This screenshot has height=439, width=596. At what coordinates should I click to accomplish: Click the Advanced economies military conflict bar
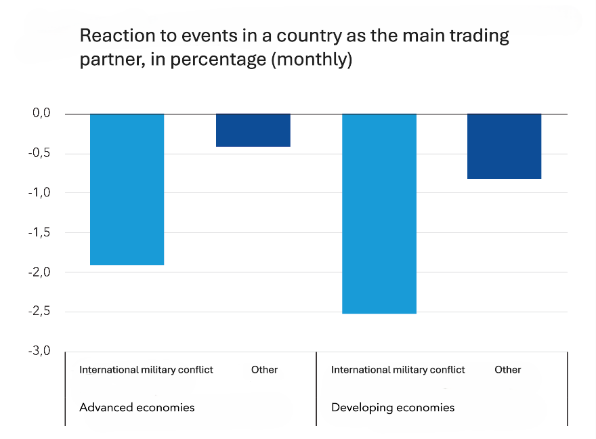[127, 189]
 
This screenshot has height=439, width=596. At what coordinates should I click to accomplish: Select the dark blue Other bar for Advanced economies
[253, 130]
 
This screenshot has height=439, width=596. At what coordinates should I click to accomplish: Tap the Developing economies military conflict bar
[379, 213]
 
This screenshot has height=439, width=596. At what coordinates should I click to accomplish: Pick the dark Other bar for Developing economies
[505, 146]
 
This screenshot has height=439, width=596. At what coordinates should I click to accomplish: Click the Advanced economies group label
[137, 407]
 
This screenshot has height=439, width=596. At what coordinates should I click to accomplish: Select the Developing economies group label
[393, 407]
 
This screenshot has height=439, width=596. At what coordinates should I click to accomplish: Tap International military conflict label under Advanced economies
[146, 370]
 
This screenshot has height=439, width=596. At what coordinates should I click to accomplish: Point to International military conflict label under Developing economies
[398, 370]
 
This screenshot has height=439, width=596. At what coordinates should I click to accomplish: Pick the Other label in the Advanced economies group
[264, 370]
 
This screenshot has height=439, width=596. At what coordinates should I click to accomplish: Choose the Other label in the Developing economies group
[508, 370]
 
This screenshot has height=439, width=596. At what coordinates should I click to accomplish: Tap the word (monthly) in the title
[312, 60]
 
